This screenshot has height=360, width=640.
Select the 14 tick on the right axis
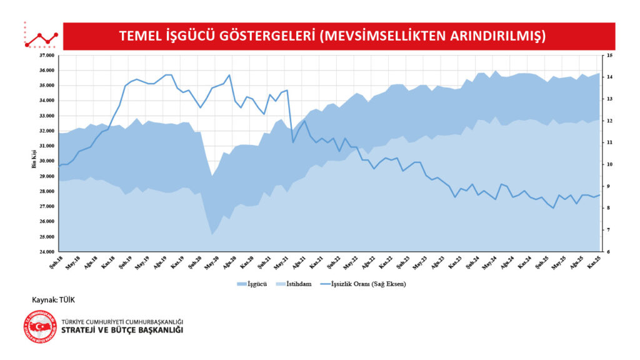(609, 77)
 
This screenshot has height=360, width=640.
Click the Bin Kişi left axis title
(35, 160)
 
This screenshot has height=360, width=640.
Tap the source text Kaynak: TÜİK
(53, 300)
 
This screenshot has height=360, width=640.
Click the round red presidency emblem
(39, 326)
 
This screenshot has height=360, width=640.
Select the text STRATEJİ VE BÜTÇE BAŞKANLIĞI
(122, 331)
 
